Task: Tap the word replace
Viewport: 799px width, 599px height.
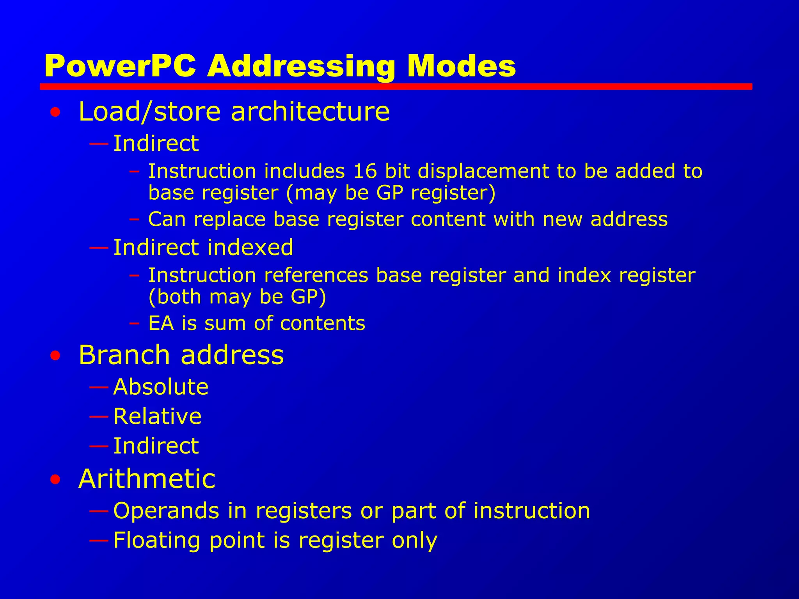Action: coord(230,220)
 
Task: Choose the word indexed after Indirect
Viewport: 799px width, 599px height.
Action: coord(250,247)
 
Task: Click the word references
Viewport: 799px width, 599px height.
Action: coord(316,275)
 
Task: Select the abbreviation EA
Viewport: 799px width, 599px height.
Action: coord(161,323)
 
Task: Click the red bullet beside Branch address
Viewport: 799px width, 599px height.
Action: coord(55,356)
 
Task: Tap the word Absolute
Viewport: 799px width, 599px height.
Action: coord(161,387)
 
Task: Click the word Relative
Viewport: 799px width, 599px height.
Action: coord(157,416)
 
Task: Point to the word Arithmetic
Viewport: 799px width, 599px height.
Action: coord(147,478)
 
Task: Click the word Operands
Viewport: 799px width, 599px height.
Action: coord(166,510)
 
